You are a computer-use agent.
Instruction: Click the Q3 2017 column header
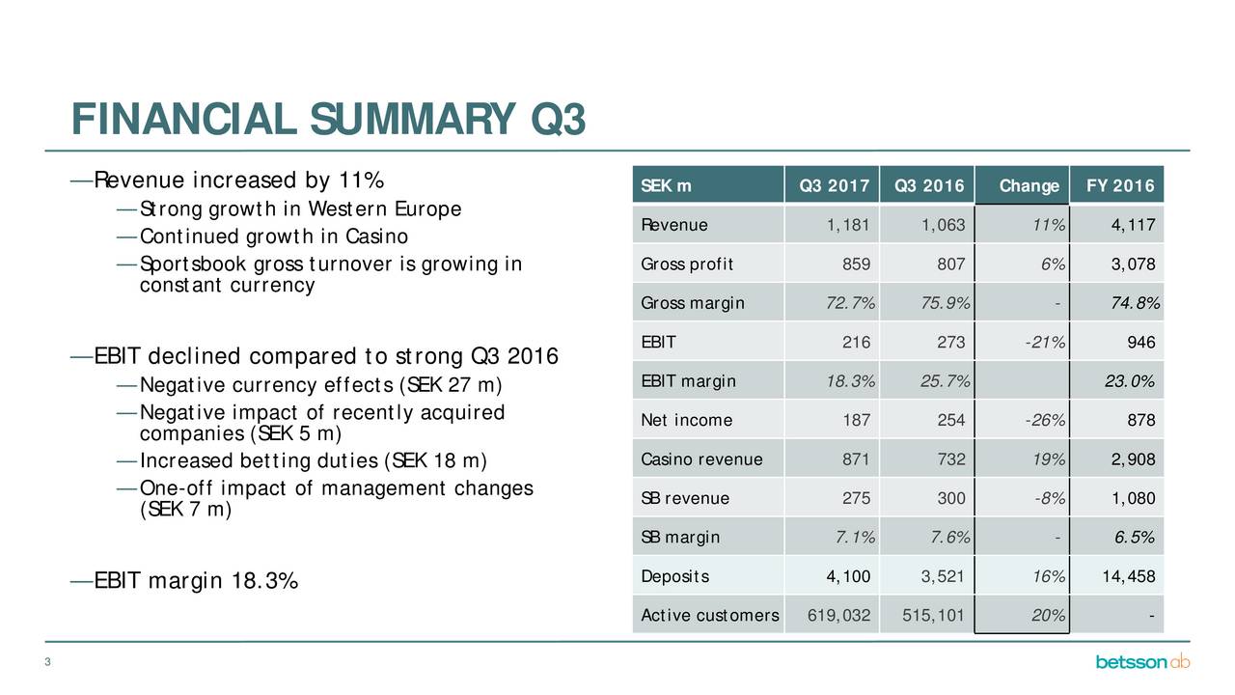click(x=835, y=186)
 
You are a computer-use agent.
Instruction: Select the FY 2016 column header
click(x=1120, y=186)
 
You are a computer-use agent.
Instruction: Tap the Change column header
click(x=1029, y=186)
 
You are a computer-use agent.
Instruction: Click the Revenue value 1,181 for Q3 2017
click(x=848, y=225)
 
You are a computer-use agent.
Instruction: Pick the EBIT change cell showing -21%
click(x=1045, y=343)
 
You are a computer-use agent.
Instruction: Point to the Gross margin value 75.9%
click(x=945, y=303)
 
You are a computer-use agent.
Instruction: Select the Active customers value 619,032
click(x=838, y=616)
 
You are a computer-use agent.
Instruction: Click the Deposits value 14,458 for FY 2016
click(x=1128, y=576)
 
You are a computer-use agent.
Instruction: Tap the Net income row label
click(x=686, y=420)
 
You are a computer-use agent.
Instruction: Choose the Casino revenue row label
click(x=701, y=459)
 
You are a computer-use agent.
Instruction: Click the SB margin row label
click(x=680, y=538)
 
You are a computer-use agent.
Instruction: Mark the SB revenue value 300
click(x=951, y=499)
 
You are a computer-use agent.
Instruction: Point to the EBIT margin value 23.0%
click(x=1129, y=381)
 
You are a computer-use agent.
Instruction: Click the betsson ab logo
click(x=1142, y=661)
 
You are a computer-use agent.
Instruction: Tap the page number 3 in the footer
click(x=47, y=662)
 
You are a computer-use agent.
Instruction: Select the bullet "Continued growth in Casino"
click(x=273, y=236)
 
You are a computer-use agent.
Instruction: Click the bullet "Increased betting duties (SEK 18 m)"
click(x=314, y=461)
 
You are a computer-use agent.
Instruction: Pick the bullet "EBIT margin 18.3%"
click(x=196, y=581)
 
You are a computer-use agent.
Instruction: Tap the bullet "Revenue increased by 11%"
click(x=238, y=181)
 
